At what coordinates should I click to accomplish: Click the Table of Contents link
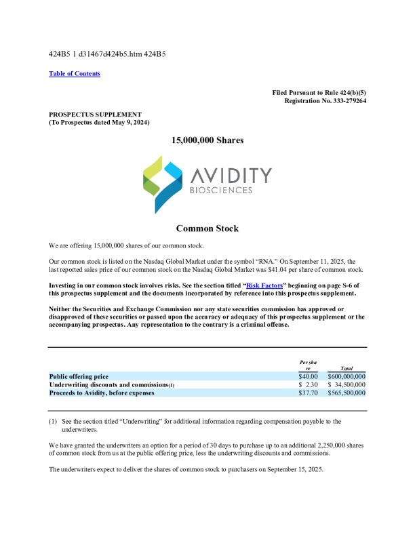pos(75,74)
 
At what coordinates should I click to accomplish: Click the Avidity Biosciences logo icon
pos(163,184)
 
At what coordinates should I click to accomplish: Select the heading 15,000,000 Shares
pos(207,140)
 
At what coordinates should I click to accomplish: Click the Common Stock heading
pos(207,229)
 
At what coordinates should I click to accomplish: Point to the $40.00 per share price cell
pos(308,376)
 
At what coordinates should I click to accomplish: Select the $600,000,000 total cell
pos(347,376)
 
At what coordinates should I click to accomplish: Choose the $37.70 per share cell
pos(308,393)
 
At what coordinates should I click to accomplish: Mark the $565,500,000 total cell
pos(347,393)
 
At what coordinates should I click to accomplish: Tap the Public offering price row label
pos(79,376)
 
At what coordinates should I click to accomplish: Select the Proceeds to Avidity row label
pos(102,393)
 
